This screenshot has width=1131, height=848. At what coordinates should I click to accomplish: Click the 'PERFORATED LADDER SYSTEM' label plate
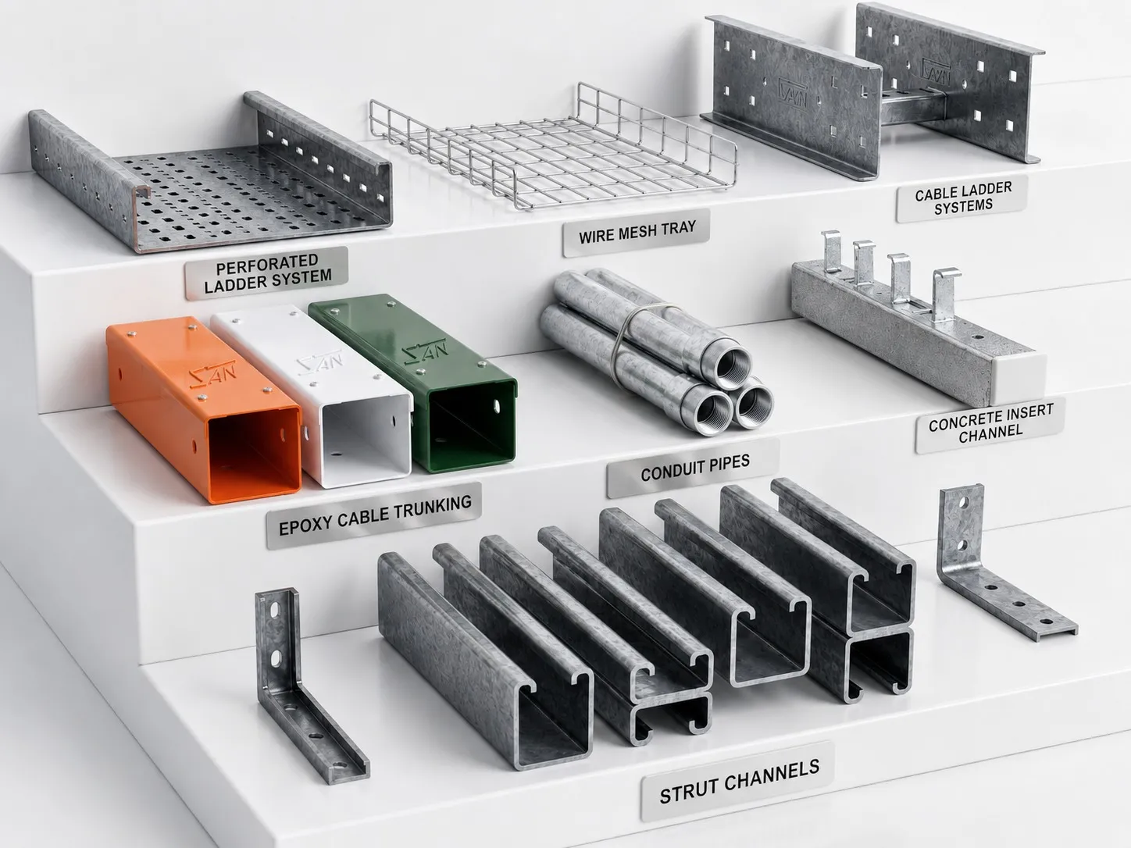pos(266,273)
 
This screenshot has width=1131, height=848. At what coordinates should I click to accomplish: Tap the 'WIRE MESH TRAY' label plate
pos(637,232)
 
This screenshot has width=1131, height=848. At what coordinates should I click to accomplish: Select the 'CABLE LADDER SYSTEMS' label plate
pos(962,198)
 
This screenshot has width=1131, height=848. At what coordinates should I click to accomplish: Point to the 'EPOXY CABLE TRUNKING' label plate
pos(375,515)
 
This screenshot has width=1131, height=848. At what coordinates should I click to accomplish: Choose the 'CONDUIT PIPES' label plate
pos(694,468)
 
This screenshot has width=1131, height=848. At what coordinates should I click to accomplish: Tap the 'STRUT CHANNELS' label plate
pos(738,781)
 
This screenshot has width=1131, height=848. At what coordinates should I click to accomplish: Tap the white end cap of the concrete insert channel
pos(1018,379)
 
